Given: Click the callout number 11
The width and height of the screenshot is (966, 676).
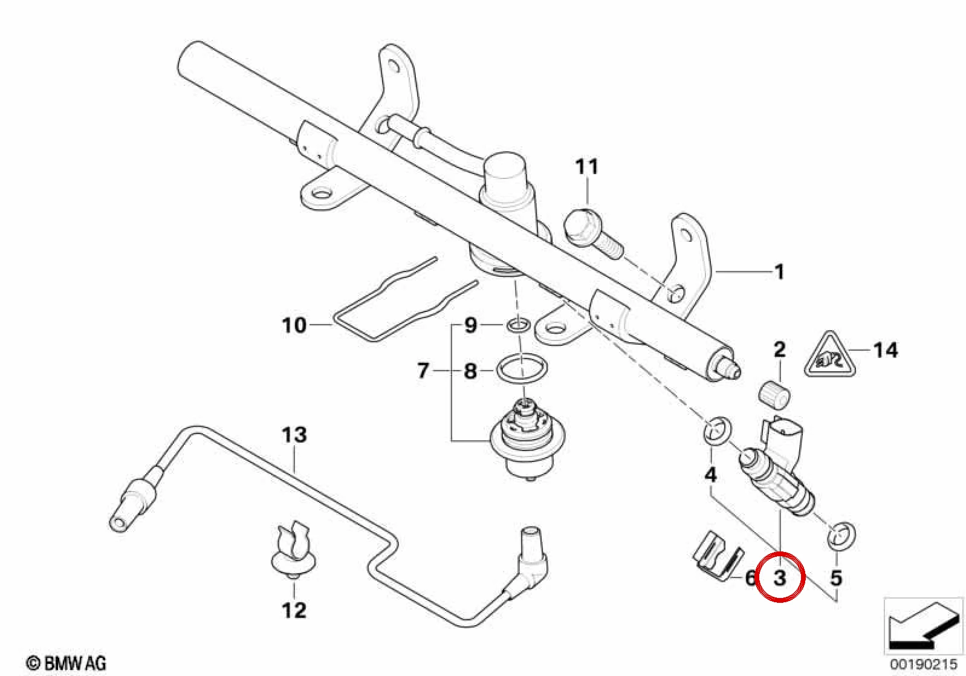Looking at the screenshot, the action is (x=587, y=166).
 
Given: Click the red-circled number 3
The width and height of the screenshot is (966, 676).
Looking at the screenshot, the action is (x=780, y=577).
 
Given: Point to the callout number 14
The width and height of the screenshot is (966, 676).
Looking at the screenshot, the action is (x=886, y=350).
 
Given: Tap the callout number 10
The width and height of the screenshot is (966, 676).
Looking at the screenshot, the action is (x=294, y=325).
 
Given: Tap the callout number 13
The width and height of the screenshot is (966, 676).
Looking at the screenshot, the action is (x=294, y=435).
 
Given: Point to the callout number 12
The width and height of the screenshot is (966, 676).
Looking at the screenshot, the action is (x=294, y=610).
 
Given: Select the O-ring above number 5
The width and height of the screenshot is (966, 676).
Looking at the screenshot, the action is (x=841, y=538).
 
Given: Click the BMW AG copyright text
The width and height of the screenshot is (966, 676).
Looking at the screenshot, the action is (x=66, y=663).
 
